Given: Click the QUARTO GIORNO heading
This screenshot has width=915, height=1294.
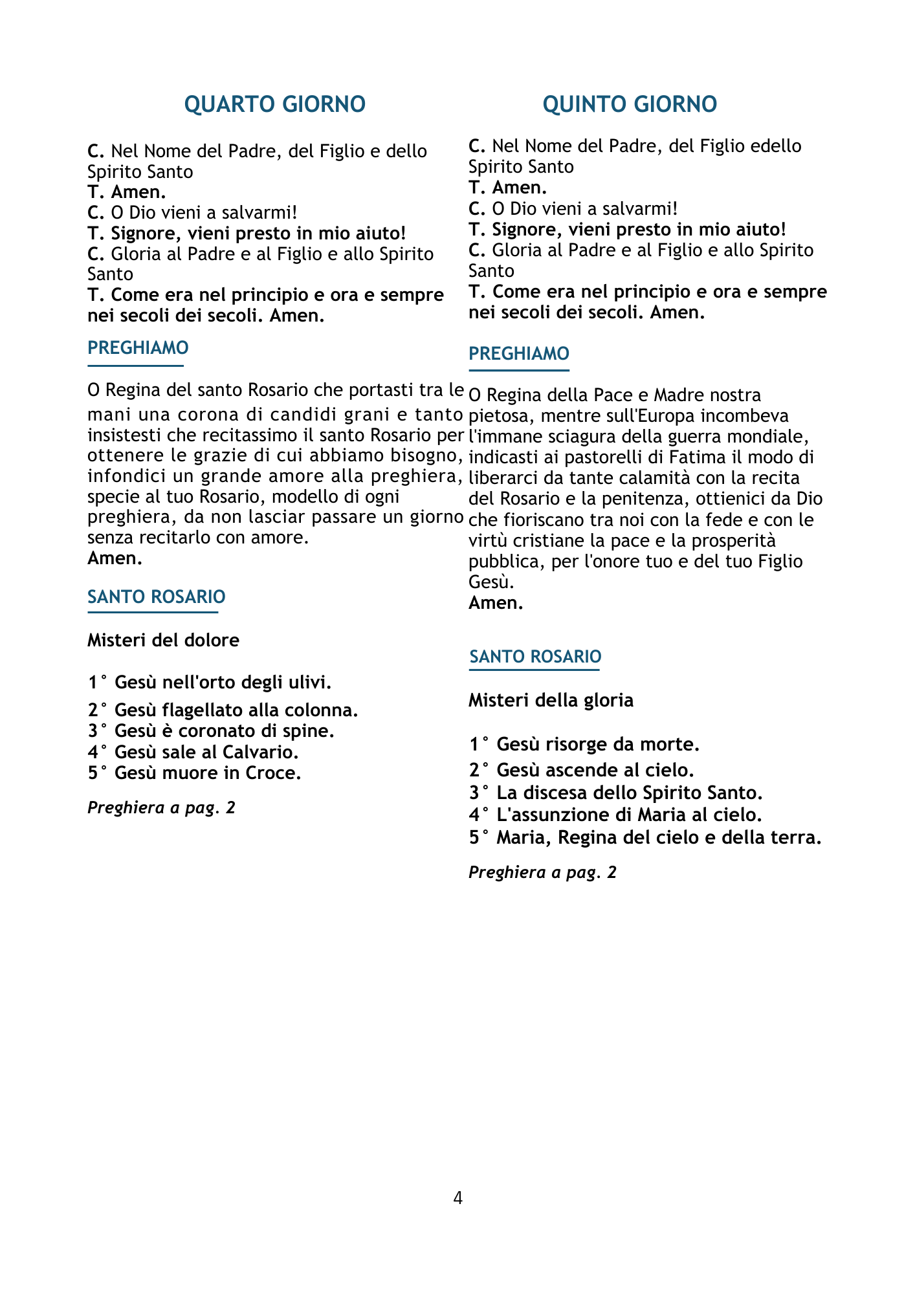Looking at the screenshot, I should click(x=275, y=104).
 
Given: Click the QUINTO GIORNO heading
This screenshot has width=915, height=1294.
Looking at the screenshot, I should click(x=630, y=104).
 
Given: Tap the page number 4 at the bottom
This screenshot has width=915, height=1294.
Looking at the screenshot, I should click(x=457, y=1198).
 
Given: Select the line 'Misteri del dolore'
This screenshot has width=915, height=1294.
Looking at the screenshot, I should click(x=163, y=640).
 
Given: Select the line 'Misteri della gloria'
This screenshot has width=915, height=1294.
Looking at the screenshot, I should click(x=551, y=700).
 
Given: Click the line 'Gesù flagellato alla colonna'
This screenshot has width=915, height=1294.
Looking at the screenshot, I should click(x=223, y=710).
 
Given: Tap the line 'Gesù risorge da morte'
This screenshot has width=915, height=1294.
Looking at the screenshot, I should click(x=584, y=745).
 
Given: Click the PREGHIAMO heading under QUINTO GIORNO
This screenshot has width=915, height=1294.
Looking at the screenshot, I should click(x=519, y=354).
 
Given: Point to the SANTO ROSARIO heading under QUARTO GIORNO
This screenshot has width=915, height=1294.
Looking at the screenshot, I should click(x=157, y=597).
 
